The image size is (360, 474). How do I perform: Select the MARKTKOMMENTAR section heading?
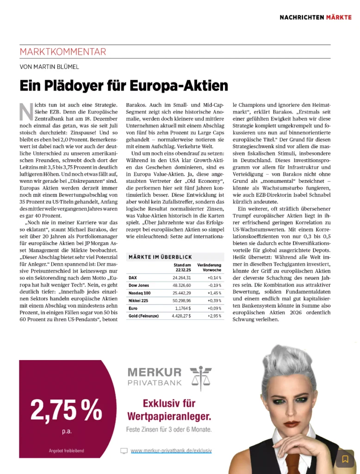pos(63,52)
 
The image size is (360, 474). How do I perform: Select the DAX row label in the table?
pos(133,277)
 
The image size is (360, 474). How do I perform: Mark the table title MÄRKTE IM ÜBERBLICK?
pos(160,257)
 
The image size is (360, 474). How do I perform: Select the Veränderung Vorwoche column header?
pos(209,267)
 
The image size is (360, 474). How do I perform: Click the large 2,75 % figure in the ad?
pos(66,410)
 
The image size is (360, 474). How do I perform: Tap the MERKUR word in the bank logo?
pos(155,372)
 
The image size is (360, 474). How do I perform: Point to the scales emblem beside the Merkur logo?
pos(200,377)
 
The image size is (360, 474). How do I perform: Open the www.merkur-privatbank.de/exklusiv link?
pos(171,450)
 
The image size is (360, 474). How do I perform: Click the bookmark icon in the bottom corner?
pos(345,459)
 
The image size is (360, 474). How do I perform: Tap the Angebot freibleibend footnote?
pos(66,450)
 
